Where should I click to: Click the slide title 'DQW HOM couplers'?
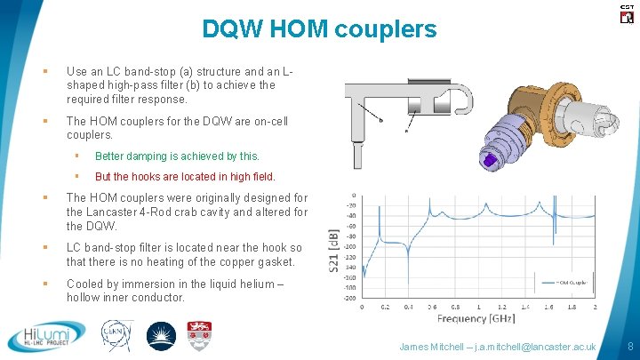[320, 29]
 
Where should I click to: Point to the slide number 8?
[628, 346]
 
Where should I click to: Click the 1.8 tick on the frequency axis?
[572, 307]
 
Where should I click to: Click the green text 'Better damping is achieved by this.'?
[177, 156]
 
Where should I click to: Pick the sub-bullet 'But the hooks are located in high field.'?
[185, 176]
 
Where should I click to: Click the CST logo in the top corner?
[625, 12]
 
